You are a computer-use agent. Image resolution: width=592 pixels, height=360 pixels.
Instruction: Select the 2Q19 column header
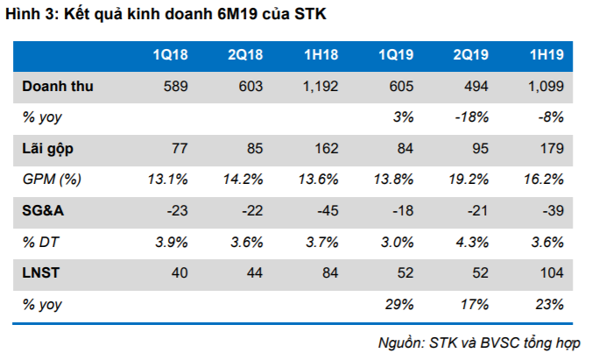[x=470, y=55]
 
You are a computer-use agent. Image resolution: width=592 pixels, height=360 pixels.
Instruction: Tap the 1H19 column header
[x=546, y=55]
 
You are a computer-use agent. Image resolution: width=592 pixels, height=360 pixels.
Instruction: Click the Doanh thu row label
[x=58, y=86]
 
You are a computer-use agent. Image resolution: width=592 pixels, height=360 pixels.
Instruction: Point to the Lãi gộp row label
[x=48, y=148]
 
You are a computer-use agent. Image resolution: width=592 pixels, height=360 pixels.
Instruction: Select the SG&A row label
[x=43, y=210]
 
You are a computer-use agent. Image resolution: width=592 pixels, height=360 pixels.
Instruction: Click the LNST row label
[x=40, y=273]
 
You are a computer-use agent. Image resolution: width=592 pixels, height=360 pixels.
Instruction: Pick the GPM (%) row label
[x=53, y=180]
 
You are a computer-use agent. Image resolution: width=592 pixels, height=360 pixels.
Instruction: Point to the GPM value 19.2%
[x=469, y=180]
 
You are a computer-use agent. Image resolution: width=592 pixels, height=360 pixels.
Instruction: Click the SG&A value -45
[x=326, y=210]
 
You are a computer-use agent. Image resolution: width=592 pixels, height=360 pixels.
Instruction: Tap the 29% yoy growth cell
[x=398, y=304]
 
